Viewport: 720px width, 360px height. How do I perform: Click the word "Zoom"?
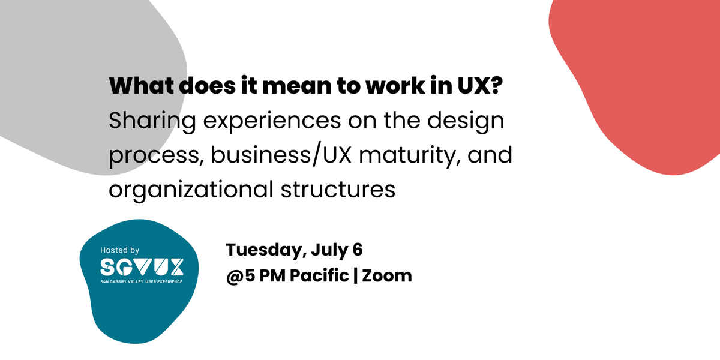[387, 277]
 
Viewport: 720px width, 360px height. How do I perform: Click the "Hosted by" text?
[119, 250]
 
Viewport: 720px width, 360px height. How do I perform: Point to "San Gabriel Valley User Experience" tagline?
[141, 281]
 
